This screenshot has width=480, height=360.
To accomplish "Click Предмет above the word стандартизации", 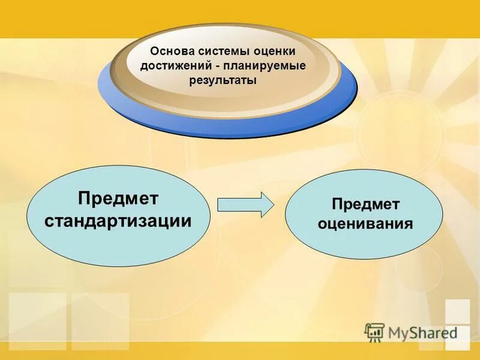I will [x=119, y=198].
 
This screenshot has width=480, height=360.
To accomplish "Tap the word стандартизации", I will [x=119, y=220].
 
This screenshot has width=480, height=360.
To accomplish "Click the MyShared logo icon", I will [x=374, y=331].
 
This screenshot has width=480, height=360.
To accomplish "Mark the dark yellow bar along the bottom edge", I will [x=240, y=354].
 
